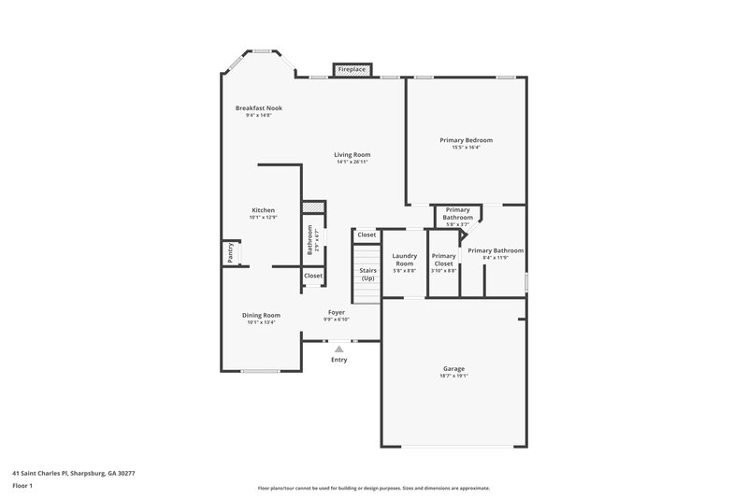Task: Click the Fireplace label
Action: [352, 69]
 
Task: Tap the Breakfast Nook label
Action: [258, 108]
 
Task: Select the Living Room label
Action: [352, 154]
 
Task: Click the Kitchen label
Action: [263, 210]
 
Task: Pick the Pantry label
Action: [229, 253]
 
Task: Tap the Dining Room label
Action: [263, 315]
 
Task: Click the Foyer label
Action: [337, 312]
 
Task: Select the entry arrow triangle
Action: [338, 348]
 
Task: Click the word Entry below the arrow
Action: [338, 360]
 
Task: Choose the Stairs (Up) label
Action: [368, 275]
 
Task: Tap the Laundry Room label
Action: [404, 260]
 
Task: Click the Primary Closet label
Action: [443, 260]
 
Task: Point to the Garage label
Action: [453, 368]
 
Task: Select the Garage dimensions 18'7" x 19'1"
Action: [453, 376]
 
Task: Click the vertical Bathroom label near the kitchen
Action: [310, 240]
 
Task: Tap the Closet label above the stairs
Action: [367, 235]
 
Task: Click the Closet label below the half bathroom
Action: [312, 276]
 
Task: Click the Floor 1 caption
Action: [22, 486]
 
